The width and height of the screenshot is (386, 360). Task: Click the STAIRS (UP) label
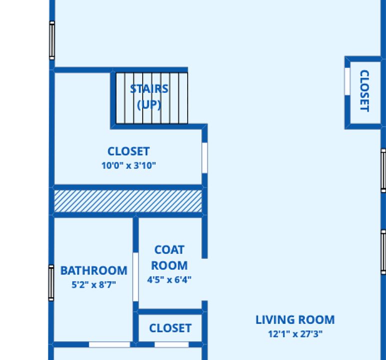pos(149,96)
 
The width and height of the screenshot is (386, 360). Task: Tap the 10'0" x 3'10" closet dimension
pos(129,165)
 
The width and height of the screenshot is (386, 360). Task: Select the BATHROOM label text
pos(94,270)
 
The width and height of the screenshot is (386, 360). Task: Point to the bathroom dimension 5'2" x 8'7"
pos(94,285)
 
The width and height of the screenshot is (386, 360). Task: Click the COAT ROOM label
pos(169,257)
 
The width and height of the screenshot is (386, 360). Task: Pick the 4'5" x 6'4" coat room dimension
pos(169,280)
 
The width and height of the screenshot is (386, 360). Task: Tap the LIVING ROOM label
pos(295,320)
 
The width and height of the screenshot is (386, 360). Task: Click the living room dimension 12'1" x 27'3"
pos(295,334)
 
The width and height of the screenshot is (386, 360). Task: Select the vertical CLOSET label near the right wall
pos(365,90)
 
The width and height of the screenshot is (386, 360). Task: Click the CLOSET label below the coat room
pos(170,328)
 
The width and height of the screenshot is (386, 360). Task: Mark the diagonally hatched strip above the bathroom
pos(128,201)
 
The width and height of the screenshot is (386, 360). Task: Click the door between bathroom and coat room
pos(136,277)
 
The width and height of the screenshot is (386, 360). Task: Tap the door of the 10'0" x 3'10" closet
pos(205,158)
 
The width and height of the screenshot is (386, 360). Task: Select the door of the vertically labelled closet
pos(347,81)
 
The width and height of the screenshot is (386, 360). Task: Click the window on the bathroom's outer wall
pos(51,283)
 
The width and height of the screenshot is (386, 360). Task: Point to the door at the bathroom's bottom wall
pos(109,344)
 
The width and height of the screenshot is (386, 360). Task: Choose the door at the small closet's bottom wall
pos(172,344)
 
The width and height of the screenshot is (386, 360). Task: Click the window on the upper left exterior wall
pos(52,40)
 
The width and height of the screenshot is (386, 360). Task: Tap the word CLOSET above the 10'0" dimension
pos(129,151)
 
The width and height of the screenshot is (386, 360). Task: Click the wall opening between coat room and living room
pos(205,279)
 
